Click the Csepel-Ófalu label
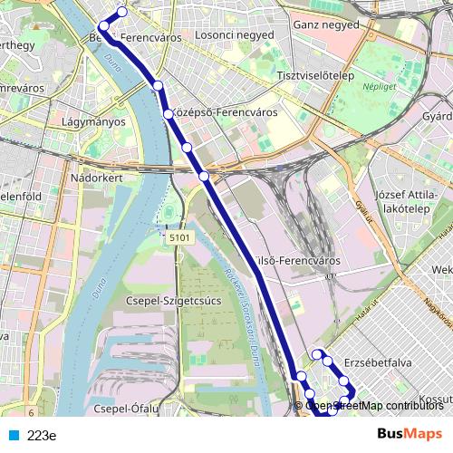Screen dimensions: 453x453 127,409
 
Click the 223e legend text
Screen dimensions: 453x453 42,435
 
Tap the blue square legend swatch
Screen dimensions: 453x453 15,435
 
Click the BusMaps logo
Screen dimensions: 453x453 410,434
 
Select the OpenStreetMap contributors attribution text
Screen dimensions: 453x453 374,406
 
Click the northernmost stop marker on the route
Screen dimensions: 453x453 122,13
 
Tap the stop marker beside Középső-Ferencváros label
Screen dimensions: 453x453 168,114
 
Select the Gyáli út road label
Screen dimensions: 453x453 364,209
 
